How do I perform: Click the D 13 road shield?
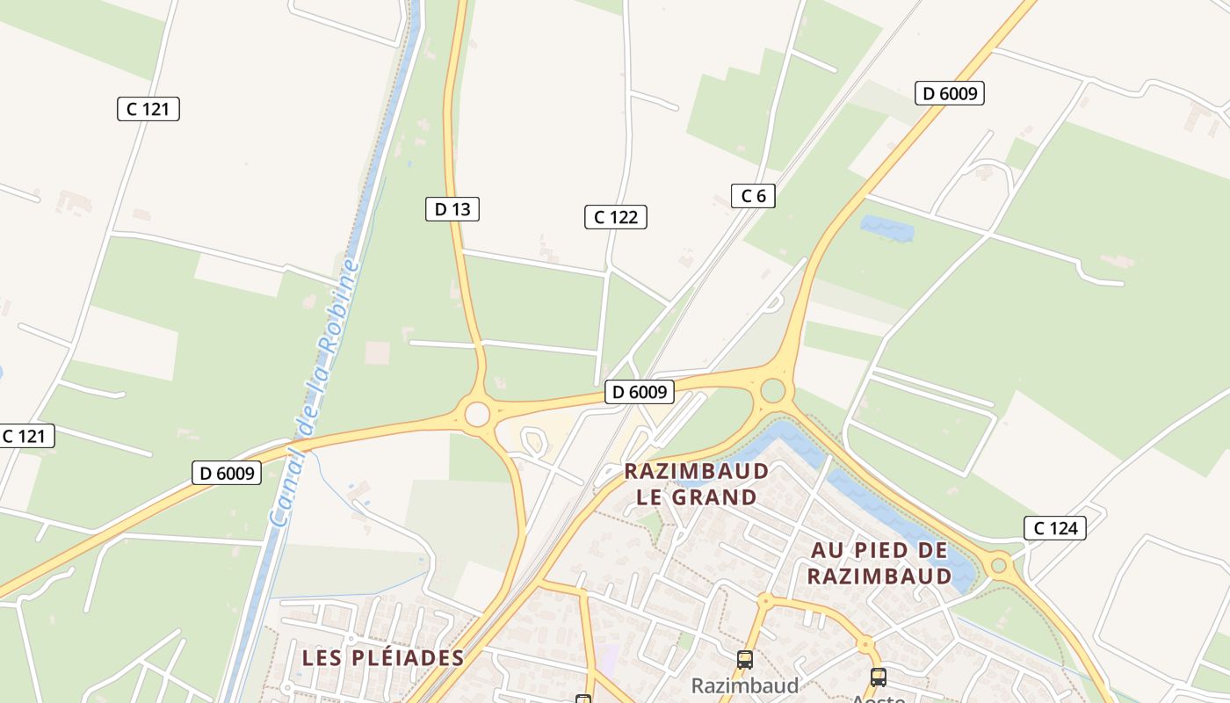pyautogui.click(x=452, y=209)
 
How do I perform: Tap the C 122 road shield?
pyautogui.click(x=616, y=217)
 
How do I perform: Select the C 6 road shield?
pyautogui.click(x=753, y=196)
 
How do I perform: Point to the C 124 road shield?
pyautogui.click(x=1055, y=528)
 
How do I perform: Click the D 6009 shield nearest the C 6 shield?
pyautogui.click(x=949, y=93)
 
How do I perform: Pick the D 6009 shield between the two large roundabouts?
pyautogui.click(x=640, y=392)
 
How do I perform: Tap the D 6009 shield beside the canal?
pyautogui.click(x=228, y=474)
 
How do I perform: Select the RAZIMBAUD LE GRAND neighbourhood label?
pyautogui.click(x=697, y=484)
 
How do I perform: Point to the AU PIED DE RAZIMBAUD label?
pyautogui.click(x=879, y=563)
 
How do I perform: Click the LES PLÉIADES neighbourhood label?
pyautogui.click(x=382, y=657)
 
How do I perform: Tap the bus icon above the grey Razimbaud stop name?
pyautogui.click(x=745, y=659)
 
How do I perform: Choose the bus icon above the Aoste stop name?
pyautogui.click(x=878, y=677)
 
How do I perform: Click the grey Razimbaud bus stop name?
pyautogui.click(x=745, y=685)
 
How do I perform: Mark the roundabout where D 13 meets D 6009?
pyautogui.click(x=477, y=414)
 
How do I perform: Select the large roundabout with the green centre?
pyautogui.click(x=773, y=390)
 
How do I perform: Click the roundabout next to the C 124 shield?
pyautogui.click(x=998, y=565)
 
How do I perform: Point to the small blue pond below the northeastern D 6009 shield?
pyautogui.click(x=887, y=228)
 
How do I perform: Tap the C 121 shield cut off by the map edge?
pyautogui.click(x=26, y=436)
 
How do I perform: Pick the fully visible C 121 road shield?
pyautogui.click(x=148, y=109)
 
